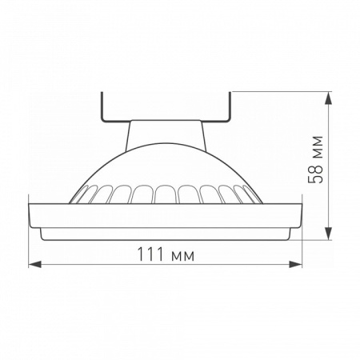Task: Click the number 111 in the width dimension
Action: click(150, 254)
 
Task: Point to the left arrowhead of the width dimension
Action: click(34, 265)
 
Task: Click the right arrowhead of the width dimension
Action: click(295, 265)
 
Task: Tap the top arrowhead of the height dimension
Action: click(330, 98)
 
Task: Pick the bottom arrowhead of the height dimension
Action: click(330, 234)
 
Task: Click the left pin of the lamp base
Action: click(102, 106)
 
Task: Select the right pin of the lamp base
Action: click(230, 106)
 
